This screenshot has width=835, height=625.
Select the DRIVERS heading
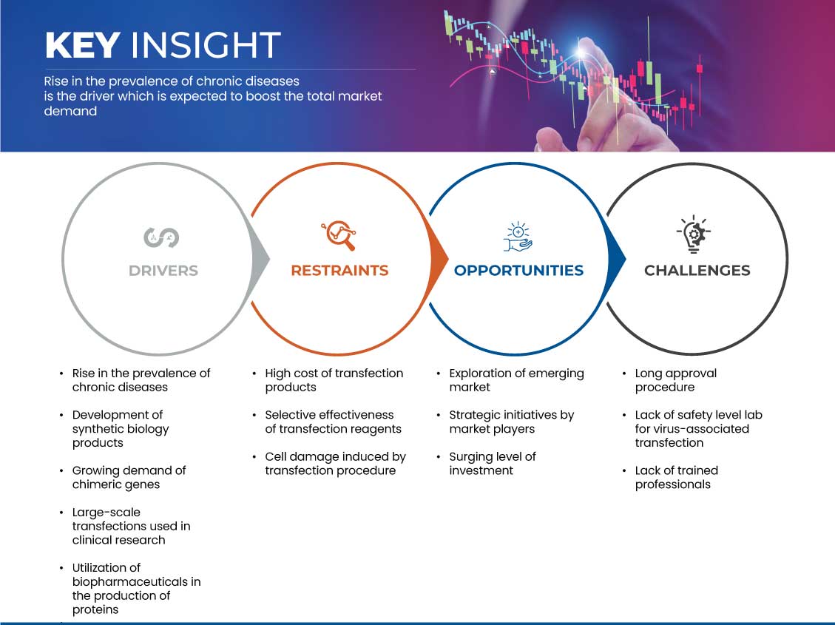click(163, 271)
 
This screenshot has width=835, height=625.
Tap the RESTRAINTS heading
click(339, 271)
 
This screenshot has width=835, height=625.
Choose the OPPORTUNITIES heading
click(518, 271)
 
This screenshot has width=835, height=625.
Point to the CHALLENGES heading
click(697, 271)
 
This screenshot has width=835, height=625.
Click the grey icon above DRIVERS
click(161, 237)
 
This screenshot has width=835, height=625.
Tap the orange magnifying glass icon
click(339, 234)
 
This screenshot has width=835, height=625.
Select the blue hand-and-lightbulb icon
click(518, 237)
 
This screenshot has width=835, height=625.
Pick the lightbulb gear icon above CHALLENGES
click(694, 234)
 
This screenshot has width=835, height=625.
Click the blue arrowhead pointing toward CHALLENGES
click(617, 260)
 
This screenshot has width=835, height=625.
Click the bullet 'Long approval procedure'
click(676, 380)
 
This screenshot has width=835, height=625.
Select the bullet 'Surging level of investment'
click(493, 463)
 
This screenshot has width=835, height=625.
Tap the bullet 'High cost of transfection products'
click(334, 380)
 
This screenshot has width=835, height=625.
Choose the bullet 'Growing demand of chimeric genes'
click(129, 477)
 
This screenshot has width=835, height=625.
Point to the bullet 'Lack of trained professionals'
click(676, 477)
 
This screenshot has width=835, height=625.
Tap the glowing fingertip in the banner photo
click(582, 52)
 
